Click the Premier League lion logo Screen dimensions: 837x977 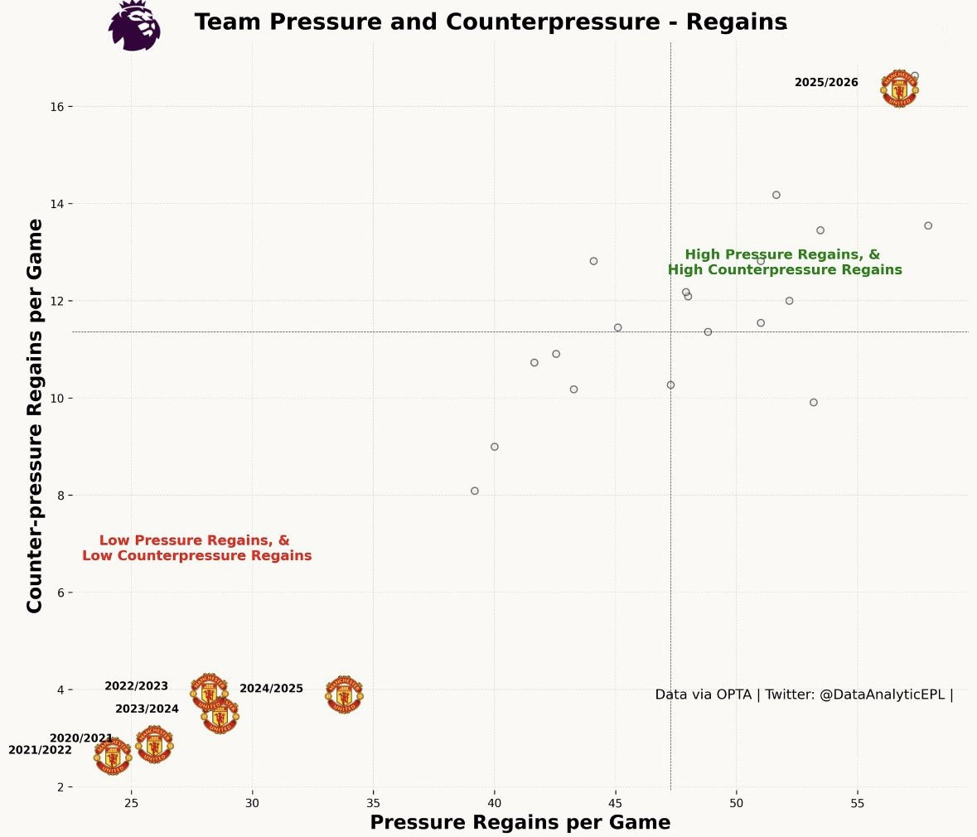(134, 26)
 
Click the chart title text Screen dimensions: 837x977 (491, 22)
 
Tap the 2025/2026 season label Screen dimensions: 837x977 (826, 83)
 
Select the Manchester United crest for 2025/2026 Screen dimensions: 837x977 (899, 89)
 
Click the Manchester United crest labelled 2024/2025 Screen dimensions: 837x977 (344, 694)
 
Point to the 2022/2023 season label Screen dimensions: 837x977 (136, 686)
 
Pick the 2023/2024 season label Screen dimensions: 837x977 (147, 709)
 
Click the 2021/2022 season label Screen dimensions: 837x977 (40, 750)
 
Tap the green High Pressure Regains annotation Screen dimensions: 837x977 (784, 262)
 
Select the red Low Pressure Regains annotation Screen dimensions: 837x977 (196, 548)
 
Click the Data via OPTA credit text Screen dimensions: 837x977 (804, 694)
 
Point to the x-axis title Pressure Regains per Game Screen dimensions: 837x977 (520, 822)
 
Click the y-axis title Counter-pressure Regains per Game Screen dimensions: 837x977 (35, 416)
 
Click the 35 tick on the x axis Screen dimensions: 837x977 (373, 801)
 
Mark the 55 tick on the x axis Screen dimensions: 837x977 (857, 801)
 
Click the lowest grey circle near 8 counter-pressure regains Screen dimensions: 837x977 (475, 491)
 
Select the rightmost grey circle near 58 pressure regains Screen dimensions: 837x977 (928, 225)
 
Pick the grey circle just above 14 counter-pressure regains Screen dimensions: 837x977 (776, 195)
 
